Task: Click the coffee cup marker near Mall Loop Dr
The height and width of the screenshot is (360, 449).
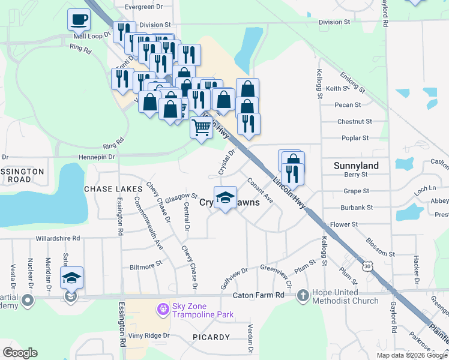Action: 79,20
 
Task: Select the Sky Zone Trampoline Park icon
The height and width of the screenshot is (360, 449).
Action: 161,310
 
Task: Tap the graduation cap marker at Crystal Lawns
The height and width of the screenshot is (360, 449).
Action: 225,197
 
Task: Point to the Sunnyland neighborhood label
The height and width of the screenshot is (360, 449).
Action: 356,166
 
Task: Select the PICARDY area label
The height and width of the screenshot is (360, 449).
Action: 211,337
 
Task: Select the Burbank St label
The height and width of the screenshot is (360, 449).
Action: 357,208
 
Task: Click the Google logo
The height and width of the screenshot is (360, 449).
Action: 20,353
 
